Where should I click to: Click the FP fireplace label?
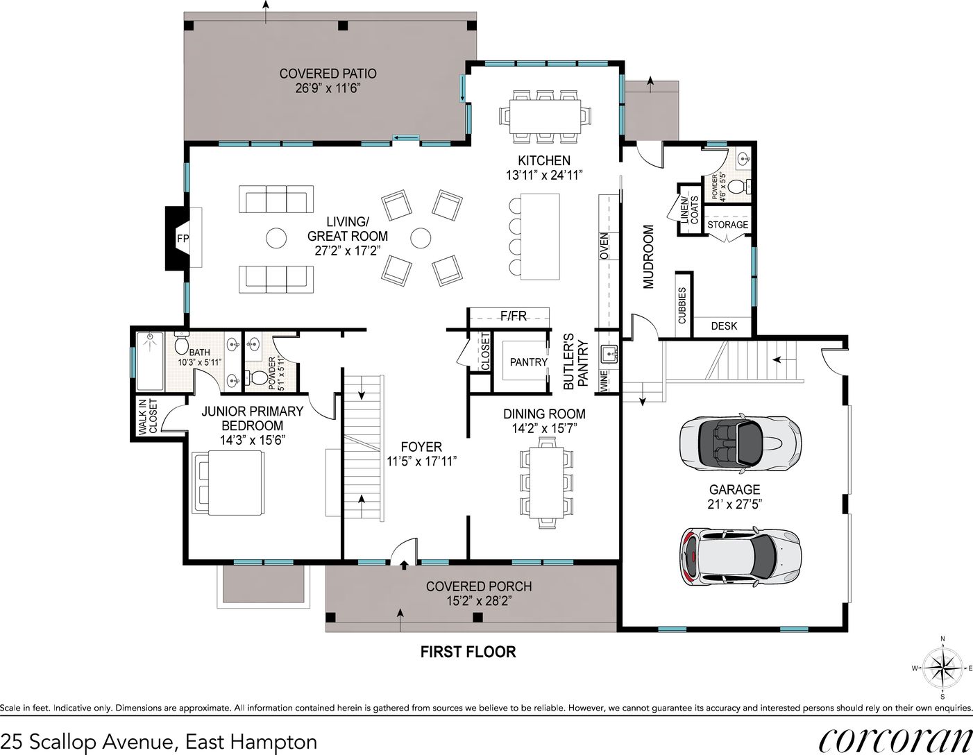coord(183,239)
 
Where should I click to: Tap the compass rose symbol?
coord(942,669)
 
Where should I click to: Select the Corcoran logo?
coord(895,742)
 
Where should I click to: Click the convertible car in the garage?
coord(741,443)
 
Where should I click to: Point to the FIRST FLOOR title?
coord(468,652)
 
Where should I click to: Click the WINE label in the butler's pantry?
coord(604,381)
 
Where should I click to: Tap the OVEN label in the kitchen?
coord(604,246)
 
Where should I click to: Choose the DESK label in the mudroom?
coord(724,326)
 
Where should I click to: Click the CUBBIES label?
coord(682,305)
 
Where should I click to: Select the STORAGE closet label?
coord(727,225)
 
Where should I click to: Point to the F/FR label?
coord(513,316)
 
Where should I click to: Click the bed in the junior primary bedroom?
coord(228,483)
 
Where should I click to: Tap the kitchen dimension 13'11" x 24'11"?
coord(544,175)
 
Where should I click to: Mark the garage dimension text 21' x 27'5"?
coord(734,504)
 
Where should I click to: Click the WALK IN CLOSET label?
coord(149,417)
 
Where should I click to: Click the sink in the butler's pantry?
coord(609,353)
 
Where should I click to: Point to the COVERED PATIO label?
coord(328,74)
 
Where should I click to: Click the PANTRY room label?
coord(528,362)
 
